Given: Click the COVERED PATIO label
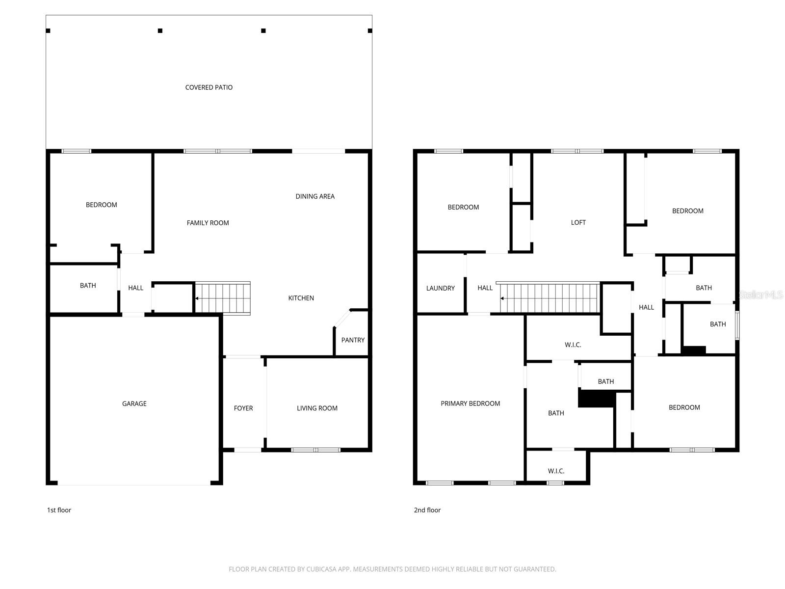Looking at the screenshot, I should point(209,87).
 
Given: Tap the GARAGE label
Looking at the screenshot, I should point(134,403).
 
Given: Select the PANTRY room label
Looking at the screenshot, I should point(353,340).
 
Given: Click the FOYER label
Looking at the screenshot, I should point(243,408).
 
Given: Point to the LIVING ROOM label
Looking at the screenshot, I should point(317,408).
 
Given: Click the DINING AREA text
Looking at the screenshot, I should point(315,196).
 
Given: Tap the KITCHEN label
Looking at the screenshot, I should point(301,298).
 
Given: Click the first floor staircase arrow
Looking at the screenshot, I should point(197,298).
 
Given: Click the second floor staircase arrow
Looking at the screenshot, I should point(502,298).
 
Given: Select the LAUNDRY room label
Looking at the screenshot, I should point(440,288).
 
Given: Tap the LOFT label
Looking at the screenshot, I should point(578,222).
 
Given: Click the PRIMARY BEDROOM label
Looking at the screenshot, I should point(470,403).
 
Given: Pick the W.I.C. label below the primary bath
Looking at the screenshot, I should point(556,471).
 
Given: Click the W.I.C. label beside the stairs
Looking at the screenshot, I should point(573,345).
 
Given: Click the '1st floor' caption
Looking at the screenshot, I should point(59,510).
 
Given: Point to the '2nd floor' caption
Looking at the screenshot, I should point(427,510).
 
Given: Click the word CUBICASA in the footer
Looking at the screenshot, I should point(324,569).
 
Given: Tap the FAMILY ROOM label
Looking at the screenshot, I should point(208,223).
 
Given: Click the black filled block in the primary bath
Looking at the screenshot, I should point(596,399).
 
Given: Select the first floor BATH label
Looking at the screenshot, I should point(88,285).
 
